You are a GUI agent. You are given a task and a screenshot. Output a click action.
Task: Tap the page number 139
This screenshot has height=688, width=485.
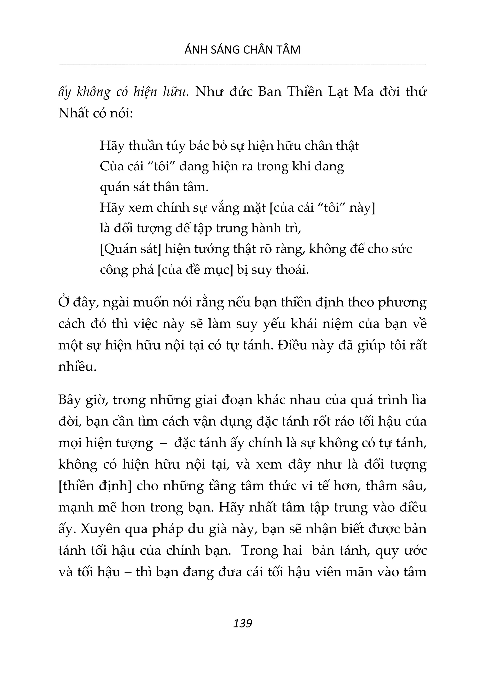[x=242, y=623]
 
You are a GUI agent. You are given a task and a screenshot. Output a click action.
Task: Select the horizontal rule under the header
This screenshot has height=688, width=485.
[x=242, y=64]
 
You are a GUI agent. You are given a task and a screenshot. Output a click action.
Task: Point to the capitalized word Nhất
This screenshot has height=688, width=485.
[x=73, y=113]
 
